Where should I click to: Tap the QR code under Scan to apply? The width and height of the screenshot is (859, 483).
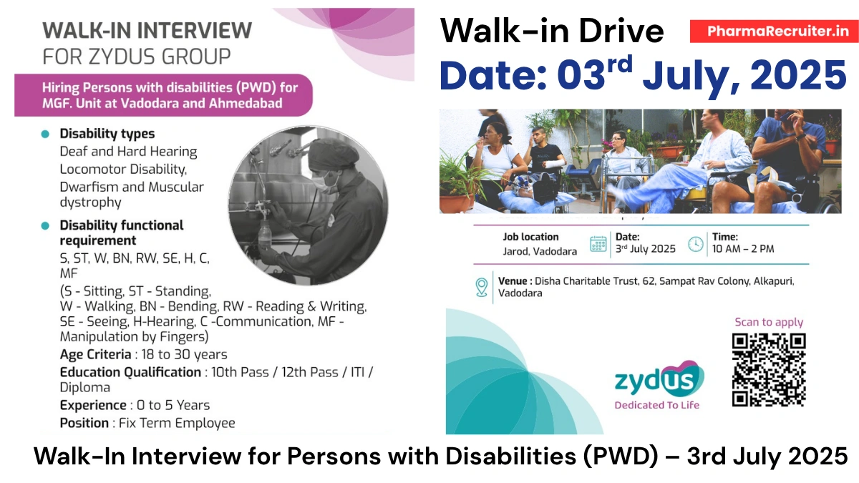point(769,370)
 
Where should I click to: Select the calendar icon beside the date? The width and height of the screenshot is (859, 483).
point(598,244)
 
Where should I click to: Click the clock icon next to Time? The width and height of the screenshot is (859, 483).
point(695,244)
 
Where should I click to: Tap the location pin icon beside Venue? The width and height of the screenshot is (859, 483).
point(482,287)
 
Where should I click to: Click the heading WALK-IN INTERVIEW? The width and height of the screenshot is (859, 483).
point(147,30)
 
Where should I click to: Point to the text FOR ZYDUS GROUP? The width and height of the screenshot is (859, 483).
point(137,56)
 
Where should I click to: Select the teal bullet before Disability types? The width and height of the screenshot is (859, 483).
point(45,134)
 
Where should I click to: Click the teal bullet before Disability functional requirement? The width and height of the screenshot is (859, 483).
point(45,225)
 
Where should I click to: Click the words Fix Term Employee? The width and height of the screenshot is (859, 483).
point(177,423)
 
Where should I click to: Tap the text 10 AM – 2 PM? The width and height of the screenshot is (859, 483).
point(742,249)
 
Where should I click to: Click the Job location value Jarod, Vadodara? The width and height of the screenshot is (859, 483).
point(539,251)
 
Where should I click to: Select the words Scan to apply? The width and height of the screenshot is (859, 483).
point(769,322)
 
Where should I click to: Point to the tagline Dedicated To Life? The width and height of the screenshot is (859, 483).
point(656,405)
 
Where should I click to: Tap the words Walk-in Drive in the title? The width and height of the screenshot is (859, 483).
point(551,31)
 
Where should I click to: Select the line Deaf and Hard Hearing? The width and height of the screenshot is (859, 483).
point(128,152)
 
